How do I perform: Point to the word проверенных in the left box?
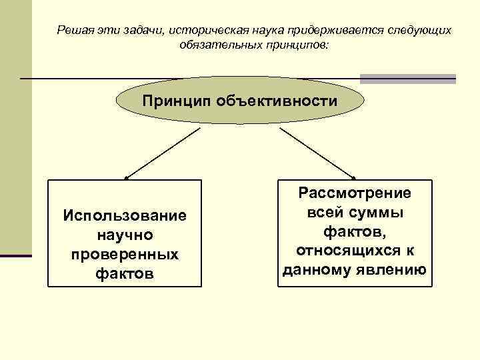click(x=125, y=255)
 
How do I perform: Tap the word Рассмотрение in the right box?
click(x=355, y=193)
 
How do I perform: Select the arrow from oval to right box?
click(x=317, y=154)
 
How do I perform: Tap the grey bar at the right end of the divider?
click(x=407, y=79)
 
